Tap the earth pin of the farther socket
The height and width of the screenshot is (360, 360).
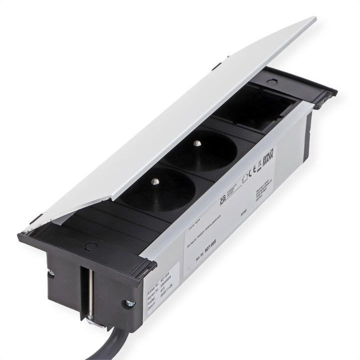pos(197,144)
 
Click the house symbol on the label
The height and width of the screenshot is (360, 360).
pos(244,177)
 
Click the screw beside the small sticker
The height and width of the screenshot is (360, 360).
pos(129,303)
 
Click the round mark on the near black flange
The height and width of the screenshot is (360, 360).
pos(91,245)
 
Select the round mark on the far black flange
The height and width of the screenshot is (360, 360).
pos(271,81)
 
